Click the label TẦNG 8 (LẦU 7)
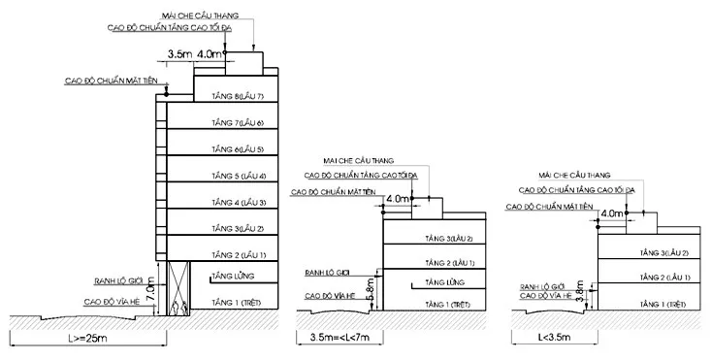[x=238, y=96]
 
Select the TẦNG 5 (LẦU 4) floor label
[x=239, y=176]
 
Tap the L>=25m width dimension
[x=88, y=338]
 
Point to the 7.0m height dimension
[x=151, y=290]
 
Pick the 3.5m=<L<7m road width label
[x=339, y=337]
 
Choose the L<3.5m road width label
[x=554, y=337]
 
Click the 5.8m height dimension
[x=370, y=289]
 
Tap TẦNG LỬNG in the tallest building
[x=233, y=277]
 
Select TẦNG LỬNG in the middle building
[x=445, y=282]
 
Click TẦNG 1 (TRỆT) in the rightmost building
[x=663, y=305]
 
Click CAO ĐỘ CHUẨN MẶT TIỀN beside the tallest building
[x=112, y=82]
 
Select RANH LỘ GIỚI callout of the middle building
[x=328, y=273]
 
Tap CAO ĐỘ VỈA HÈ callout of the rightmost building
[x=545, y=296]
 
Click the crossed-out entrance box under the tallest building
[x=178, y=288]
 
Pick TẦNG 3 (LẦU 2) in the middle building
[x=449, y=239]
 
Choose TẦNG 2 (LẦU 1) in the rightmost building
[x=664, y=277]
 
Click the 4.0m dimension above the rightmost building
[x=612, y=213]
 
